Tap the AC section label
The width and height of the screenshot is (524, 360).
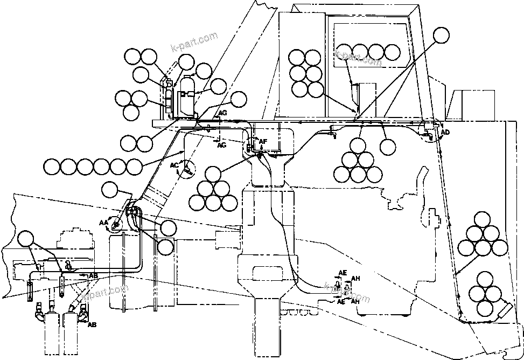tap(174, 165)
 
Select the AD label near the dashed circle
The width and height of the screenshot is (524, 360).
tap(445, 132)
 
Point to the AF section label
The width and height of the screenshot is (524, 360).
tap(263, 142)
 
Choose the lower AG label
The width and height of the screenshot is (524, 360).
tap(221, 144)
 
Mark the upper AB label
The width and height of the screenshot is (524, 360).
tap(93, 275)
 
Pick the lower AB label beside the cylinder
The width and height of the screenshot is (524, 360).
tap(92, 325)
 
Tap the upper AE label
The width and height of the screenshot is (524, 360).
tap(342, 273)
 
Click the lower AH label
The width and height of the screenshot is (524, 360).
tap(355, 302)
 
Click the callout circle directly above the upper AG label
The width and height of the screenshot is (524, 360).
tap(238, 99)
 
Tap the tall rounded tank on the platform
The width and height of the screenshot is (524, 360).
tap(187, 97)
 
